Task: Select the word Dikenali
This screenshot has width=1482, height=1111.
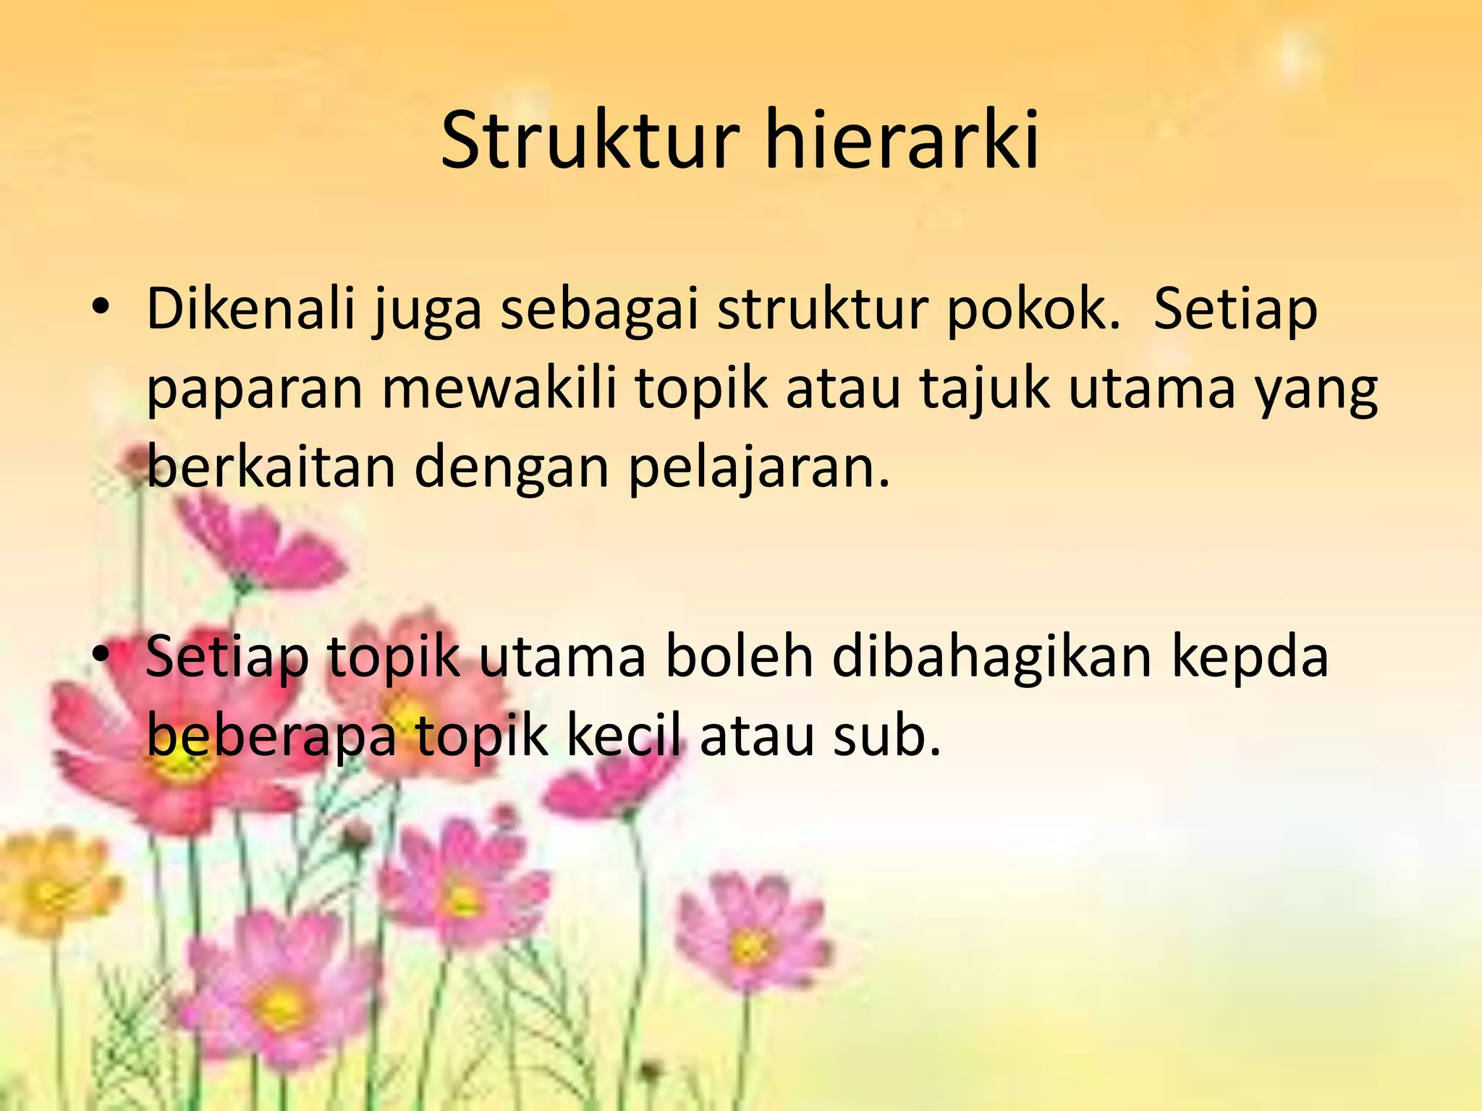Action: pos(251,310)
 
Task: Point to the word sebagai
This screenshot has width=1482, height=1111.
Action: pos(599,310)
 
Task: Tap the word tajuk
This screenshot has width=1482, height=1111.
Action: pos(984,389)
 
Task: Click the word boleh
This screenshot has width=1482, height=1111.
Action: pos(739,657)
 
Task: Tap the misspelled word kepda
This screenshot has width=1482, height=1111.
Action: pos(1250,657)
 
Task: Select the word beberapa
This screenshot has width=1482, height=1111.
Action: pos(271,736)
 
